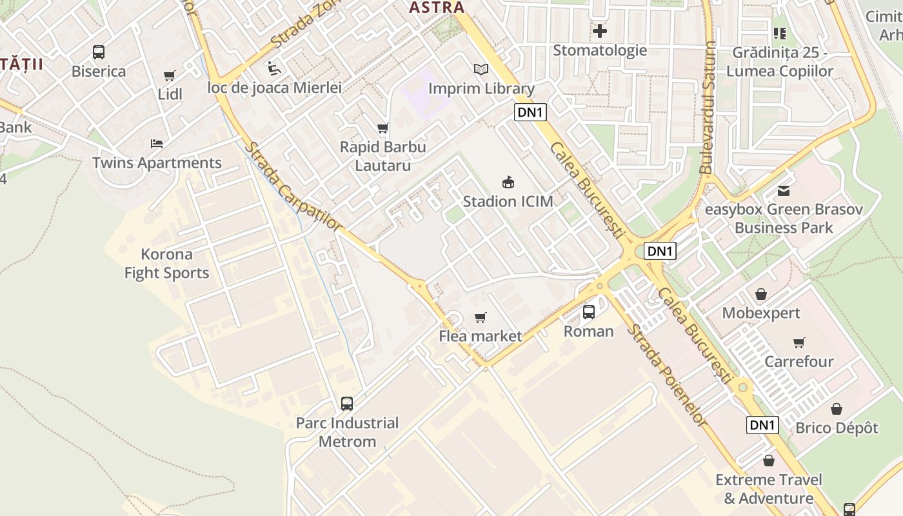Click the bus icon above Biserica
pyautogui.click(x=99, y=52)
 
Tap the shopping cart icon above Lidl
pyautogui.click(x=170, y=76)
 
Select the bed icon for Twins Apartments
pyautogui.click(x=156, y=143)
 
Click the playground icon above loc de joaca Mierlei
pyautogui.click(x=274, y=68)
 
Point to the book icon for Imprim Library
pyautogui.click(x=481, y=69)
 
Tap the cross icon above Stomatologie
pyautogui.click(x=600, y=30)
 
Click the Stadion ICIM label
pyautogui.click(x=508, y=201)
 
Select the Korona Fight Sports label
pyautogui.click(x=166, y=263)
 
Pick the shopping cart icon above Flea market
pyautogui.click(x=480, y=317)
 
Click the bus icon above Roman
pyautogui.click(x=589, y=312)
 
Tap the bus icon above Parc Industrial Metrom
pyautogui.click(x=347, y=404)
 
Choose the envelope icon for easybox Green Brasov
pyautogui.click(x=784, y=191)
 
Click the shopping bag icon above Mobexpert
pyautogui.click(x=761, y=294)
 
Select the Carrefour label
pyautogui.click(x=799, y=361)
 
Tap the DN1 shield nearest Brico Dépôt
pyautogui.click(x=762, y=425)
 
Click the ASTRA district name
pyautogui.click(x=437, y=8)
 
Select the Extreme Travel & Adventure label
pyautogui.click(x=768, y=489)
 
